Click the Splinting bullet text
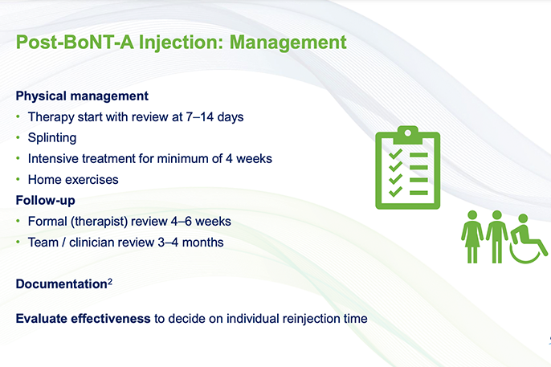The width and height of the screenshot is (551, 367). coord(52,137)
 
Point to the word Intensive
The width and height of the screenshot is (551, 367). coord(54,158)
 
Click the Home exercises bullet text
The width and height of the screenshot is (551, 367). coord(72,179)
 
